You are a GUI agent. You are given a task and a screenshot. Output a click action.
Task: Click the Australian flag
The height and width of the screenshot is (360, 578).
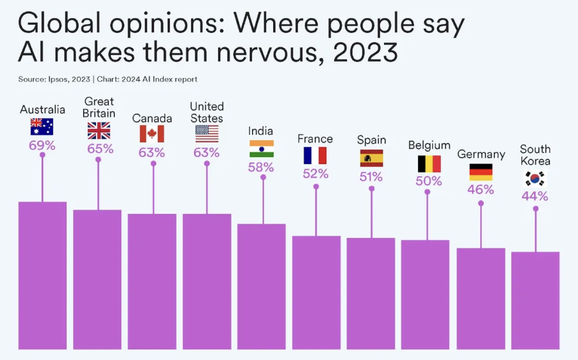42,126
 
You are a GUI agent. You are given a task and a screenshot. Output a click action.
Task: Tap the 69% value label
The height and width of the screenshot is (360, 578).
42,146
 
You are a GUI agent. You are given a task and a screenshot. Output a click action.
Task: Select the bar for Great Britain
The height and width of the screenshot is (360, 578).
97,279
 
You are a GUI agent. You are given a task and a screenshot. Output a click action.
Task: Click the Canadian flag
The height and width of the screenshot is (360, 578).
152,134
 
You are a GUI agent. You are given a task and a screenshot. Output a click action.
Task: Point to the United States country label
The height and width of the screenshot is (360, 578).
207,112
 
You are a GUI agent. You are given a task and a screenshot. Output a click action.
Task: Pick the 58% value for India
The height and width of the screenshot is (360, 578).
261,168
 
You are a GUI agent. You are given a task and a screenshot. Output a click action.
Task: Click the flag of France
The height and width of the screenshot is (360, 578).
315,156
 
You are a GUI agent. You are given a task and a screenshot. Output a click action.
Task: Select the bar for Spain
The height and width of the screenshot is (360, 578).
371,293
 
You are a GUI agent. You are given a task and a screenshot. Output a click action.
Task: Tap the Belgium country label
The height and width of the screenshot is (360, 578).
429,145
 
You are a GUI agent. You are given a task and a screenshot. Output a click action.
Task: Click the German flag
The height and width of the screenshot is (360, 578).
481,172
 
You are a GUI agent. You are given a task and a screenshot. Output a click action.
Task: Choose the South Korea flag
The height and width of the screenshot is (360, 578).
535,179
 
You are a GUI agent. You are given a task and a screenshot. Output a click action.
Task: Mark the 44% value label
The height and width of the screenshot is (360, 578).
535,197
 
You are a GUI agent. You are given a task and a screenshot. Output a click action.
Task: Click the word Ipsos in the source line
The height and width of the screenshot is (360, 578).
59,79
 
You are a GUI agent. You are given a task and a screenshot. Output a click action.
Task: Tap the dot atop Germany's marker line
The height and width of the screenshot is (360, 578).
481,203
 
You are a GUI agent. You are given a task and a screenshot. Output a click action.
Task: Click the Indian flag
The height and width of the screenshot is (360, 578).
262,149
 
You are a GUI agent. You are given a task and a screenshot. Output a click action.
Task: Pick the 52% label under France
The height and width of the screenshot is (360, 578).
315,174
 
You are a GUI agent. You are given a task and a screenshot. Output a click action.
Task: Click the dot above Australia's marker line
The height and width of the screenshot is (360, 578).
42,155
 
